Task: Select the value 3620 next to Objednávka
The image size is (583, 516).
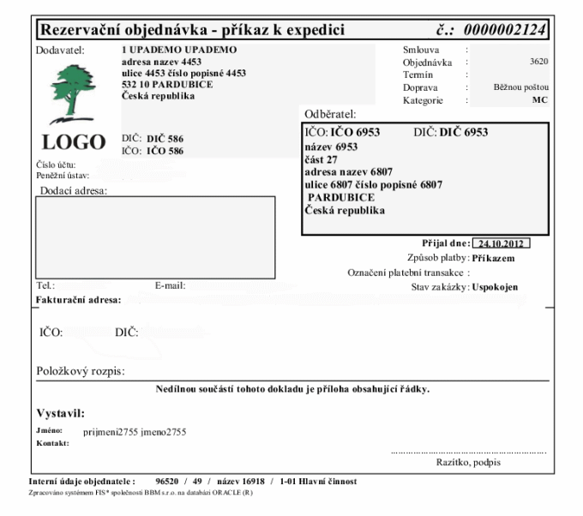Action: click(x=540, y=62)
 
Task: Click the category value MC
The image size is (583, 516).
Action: click(x=541, y=100)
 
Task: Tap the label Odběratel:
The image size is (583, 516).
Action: click(x=330, y=113)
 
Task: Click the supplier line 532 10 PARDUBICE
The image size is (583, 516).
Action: click(x=167, y=84)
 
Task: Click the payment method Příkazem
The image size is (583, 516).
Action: click(x=493, y=258)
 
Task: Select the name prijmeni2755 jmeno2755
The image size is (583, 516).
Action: click(x=135, y=431)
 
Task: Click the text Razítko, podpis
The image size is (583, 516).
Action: click(x=469, y=463)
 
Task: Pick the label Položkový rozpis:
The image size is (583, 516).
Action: click(x=81, y=371)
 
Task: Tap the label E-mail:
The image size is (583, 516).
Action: click(x=170, y=285)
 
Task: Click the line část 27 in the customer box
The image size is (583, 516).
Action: click(x=322, y=159)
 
